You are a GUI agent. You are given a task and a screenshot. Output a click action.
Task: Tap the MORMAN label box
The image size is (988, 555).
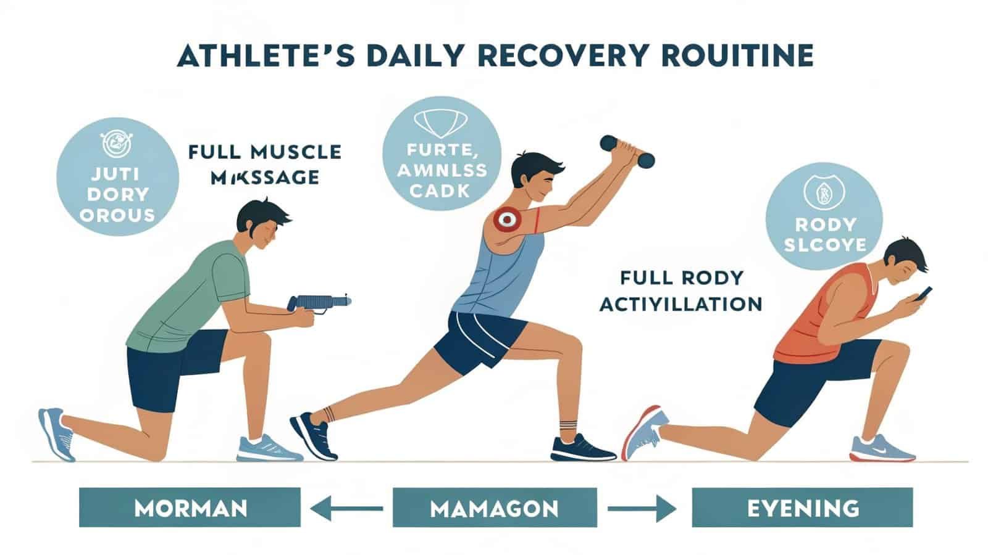[190, 509]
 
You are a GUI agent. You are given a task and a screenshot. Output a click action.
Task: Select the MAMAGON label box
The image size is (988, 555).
[494, 509]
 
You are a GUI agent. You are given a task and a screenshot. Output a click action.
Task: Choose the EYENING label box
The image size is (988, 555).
[802, 509]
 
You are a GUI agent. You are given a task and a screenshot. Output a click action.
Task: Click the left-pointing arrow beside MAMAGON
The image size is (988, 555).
[345, 509]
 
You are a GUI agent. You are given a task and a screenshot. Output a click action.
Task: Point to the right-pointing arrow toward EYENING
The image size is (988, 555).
[642, 509]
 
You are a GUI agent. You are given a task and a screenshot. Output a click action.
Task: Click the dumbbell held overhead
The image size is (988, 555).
[627, 151]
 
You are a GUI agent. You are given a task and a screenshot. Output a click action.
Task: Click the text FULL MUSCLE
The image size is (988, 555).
[265, 152]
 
